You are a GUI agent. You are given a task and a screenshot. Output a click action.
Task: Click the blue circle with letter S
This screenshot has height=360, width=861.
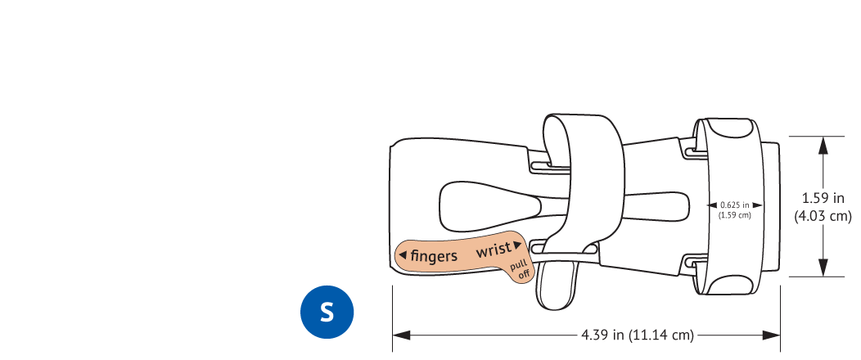click(x=327, y=313)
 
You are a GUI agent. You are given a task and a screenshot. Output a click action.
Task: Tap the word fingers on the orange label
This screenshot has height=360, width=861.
click(x=434, y=256)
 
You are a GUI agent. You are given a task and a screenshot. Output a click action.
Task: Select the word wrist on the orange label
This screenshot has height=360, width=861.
click(x=494, y=250)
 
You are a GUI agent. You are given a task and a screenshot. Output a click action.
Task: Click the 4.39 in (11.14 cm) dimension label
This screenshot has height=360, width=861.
click(x=638, y=335)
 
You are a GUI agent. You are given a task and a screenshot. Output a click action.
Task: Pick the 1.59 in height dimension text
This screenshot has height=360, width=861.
click(x=822, y=197)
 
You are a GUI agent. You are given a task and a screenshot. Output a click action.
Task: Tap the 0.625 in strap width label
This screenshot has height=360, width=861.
click(x=734, y=205)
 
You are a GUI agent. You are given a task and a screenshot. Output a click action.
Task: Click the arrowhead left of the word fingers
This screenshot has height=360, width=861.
click(x=403, y=255)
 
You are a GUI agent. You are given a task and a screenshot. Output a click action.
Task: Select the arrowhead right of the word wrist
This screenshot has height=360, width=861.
click(x=517, y=245)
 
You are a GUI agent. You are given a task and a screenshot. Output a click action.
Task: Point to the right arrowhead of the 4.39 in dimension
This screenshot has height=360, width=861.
click(x=772, y=335)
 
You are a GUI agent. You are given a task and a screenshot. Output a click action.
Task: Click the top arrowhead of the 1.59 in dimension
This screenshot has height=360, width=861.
click(x=823, y=146)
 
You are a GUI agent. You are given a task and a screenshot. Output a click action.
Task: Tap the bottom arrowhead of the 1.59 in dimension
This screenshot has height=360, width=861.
click(x=823, y=268)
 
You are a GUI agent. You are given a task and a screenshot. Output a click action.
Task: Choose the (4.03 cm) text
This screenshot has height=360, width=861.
click(x=823, y=216)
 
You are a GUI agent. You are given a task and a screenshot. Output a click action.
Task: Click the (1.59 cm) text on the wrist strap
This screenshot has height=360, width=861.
click(x=734, y=216)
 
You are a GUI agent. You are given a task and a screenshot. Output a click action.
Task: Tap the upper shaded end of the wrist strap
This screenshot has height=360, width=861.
click(x=728, y=128)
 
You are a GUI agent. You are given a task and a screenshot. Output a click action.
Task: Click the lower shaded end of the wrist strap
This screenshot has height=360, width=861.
click(x=728, y=284)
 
